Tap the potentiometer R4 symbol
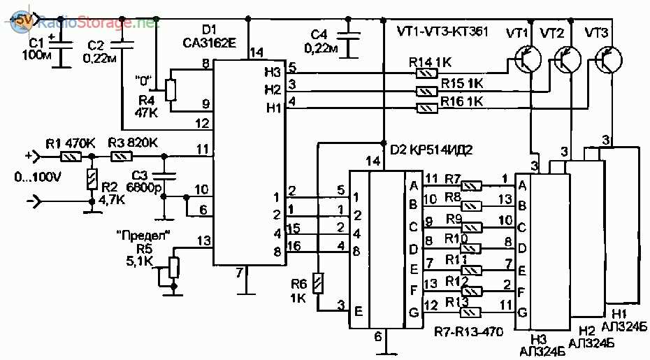[x=169, y=90]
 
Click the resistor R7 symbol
[x=475, y=186]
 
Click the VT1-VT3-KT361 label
[x=442, y=31]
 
